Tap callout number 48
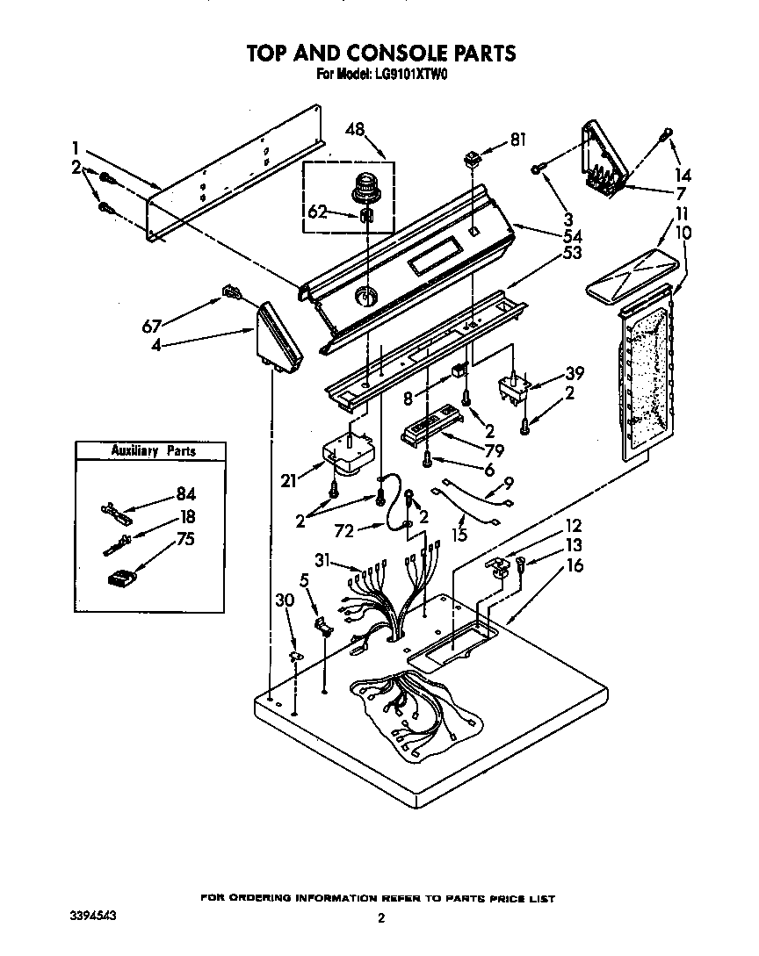pos(355,129)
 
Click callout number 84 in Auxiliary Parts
pos(185,494)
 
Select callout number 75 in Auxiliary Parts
pos(185,540)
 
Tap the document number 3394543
pos(92,916)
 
